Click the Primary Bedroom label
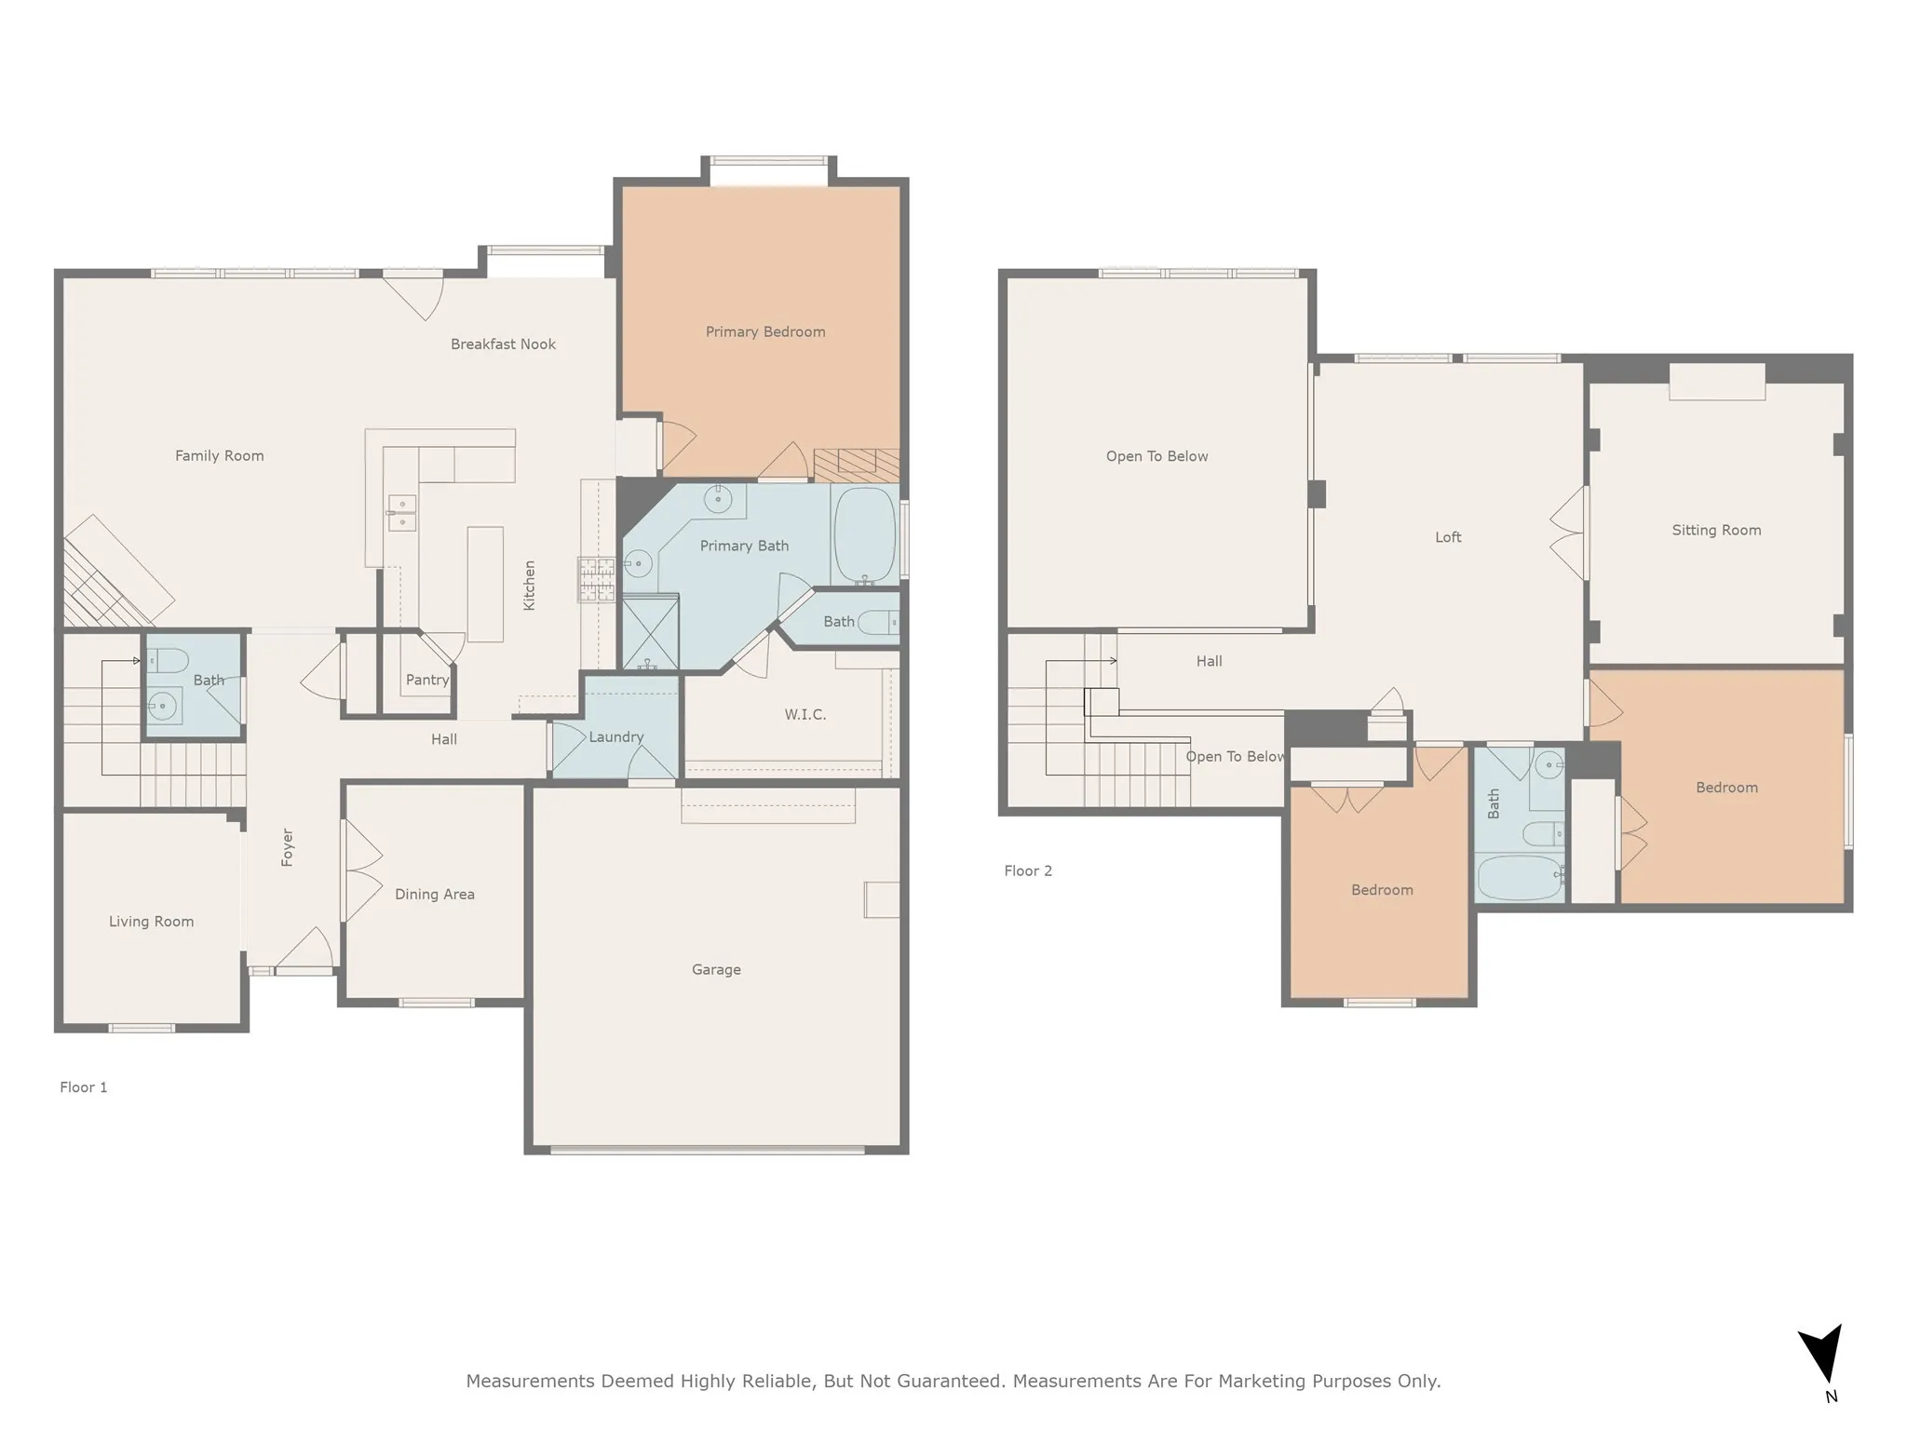(764, 332)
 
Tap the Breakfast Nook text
(503, 344)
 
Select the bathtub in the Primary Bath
(865, 535)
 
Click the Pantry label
(427, 681)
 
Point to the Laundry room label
(615, 737)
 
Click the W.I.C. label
(805, 715)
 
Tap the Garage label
(716, 970)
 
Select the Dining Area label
(434, 895)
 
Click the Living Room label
(151, 922)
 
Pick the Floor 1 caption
(84, 1087)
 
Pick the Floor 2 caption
(1028, 871)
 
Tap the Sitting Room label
(1716, 531)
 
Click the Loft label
(1448, 537)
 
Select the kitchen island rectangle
(485, 584)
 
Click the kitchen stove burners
(596, 579)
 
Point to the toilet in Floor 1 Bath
(169, 661)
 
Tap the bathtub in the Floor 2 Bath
(1520, 878)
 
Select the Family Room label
(219, 456)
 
